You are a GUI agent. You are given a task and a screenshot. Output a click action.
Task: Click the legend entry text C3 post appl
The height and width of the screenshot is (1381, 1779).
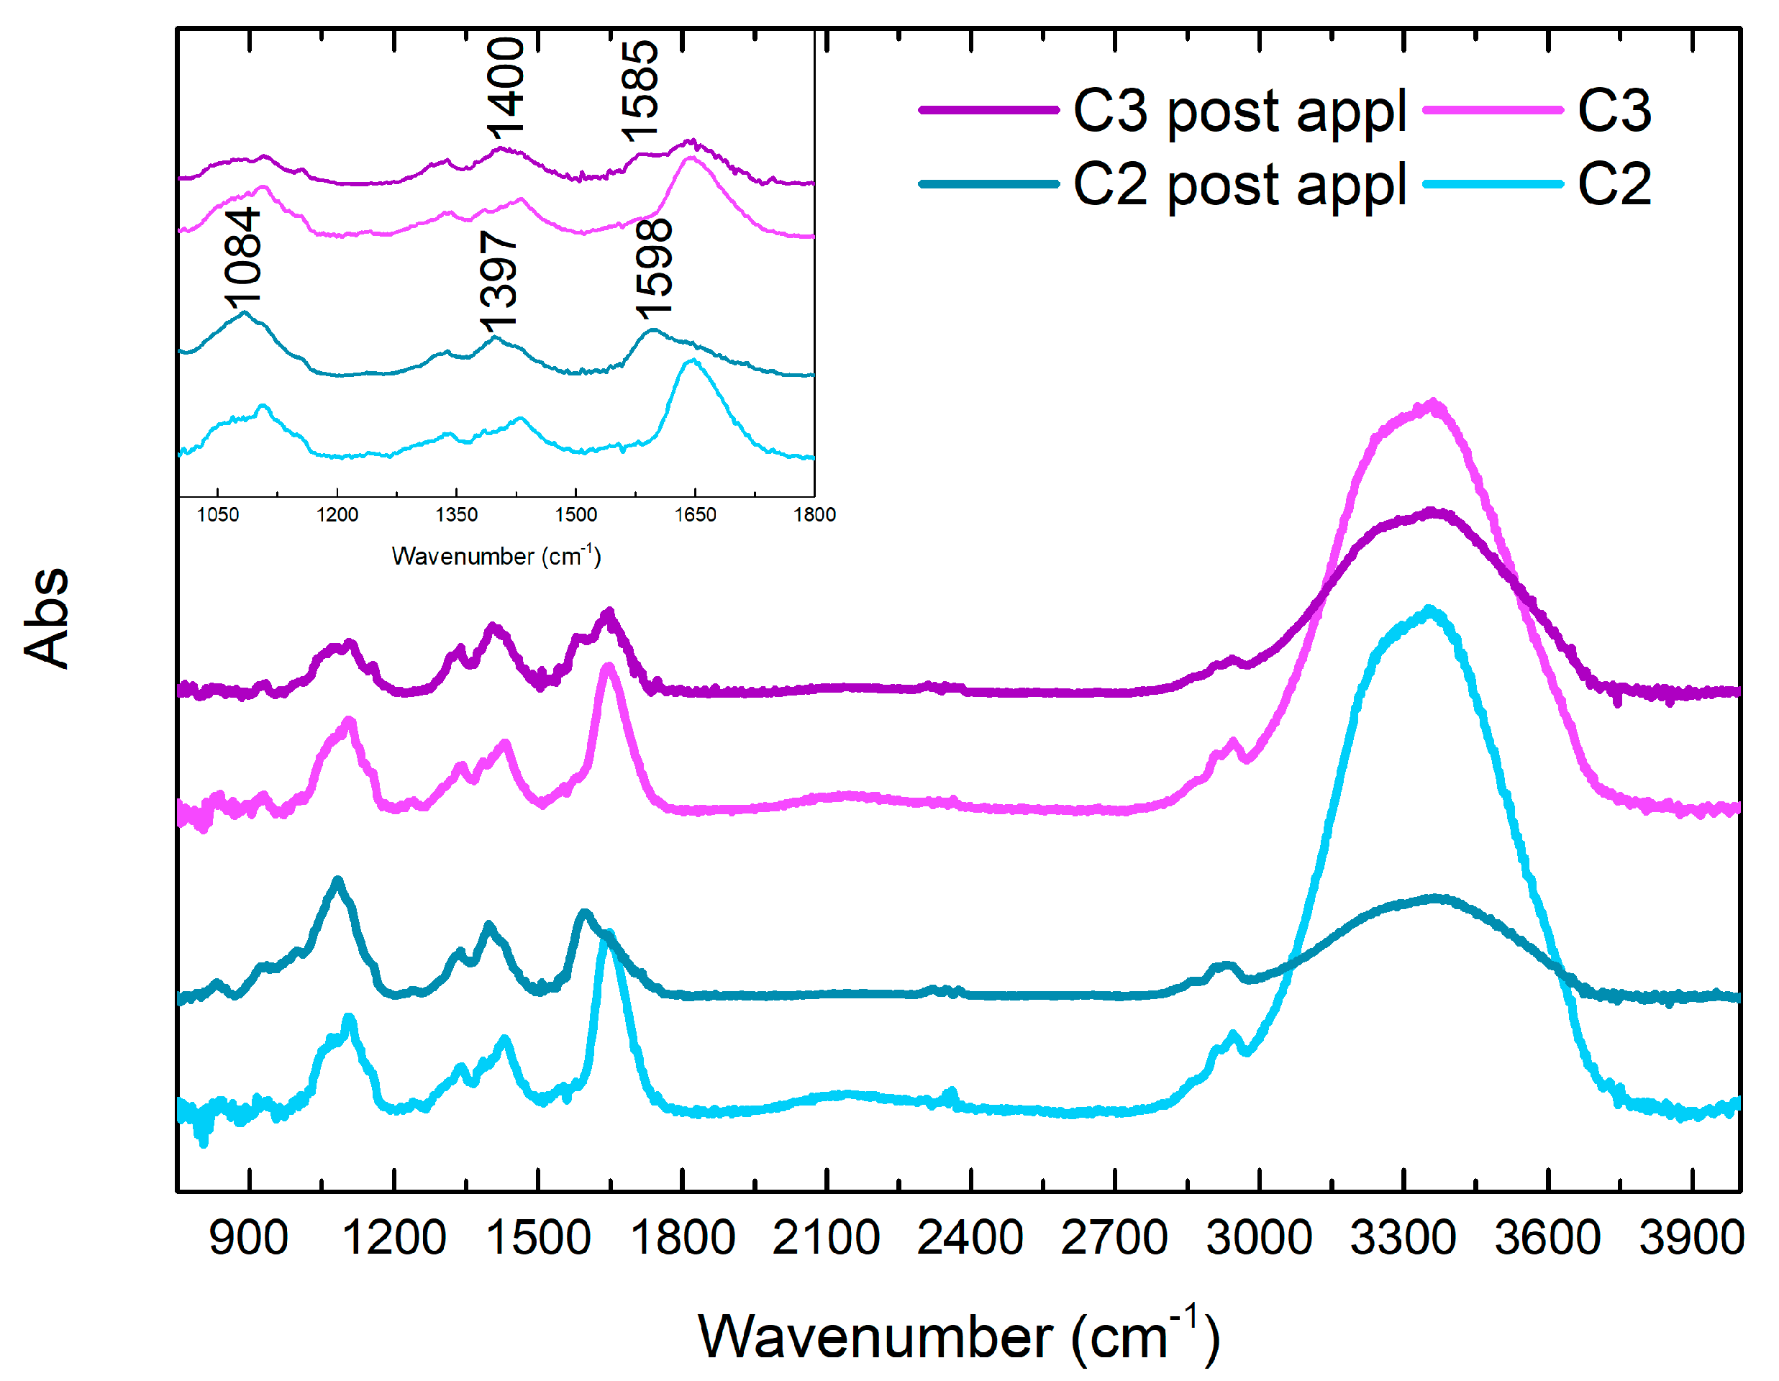pos(1239,111)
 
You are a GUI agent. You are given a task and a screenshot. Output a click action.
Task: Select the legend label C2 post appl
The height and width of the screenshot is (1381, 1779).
pos(1239,185)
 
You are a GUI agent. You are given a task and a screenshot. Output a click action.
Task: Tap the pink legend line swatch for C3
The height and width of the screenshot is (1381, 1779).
pos(1492,110)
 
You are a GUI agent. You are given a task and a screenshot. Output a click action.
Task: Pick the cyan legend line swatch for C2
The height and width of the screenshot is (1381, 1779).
pos(1492,184)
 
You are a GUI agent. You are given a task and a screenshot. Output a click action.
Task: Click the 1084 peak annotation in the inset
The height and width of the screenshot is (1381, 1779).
pos(242,257)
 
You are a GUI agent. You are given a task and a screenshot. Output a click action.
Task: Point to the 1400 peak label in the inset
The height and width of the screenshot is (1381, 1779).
pos(505,86)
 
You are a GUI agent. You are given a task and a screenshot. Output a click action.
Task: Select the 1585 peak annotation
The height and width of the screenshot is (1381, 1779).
pos(640,90)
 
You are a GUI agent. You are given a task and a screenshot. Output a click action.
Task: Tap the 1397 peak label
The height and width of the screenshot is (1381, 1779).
pos(499,281)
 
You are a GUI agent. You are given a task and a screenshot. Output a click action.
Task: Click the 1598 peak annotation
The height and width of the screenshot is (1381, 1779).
pos(654,269)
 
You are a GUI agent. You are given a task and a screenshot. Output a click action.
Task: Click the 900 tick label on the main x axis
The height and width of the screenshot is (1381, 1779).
pos(248,1239)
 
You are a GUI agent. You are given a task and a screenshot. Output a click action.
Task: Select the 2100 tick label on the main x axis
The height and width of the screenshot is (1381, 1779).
pos(826,1239)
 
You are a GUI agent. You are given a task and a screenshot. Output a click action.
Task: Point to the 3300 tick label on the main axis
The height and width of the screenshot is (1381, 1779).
pos(1403,1239)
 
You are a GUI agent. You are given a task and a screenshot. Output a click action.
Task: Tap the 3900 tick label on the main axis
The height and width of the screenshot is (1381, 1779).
pos(1691,1239)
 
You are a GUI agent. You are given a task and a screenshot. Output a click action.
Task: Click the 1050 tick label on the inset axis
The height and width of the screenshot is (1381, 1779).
pos(217,514)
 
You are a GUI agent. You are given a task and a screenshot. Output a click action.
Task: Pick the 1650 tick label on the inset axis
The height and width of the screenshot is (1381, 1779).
pos(695,514)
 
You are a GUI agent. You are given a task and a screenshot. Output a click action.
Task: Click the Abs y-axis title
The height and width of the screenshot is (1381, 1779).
pos(47,617)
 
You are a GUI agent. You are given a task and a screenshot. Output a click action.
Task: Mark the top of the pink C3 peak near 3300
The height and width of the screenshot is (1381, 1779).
pos(1434,403)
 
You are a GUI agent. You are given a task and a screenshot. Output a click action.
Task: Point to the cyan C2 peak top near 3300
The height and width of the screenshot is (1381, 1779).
pos(1429,610)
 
